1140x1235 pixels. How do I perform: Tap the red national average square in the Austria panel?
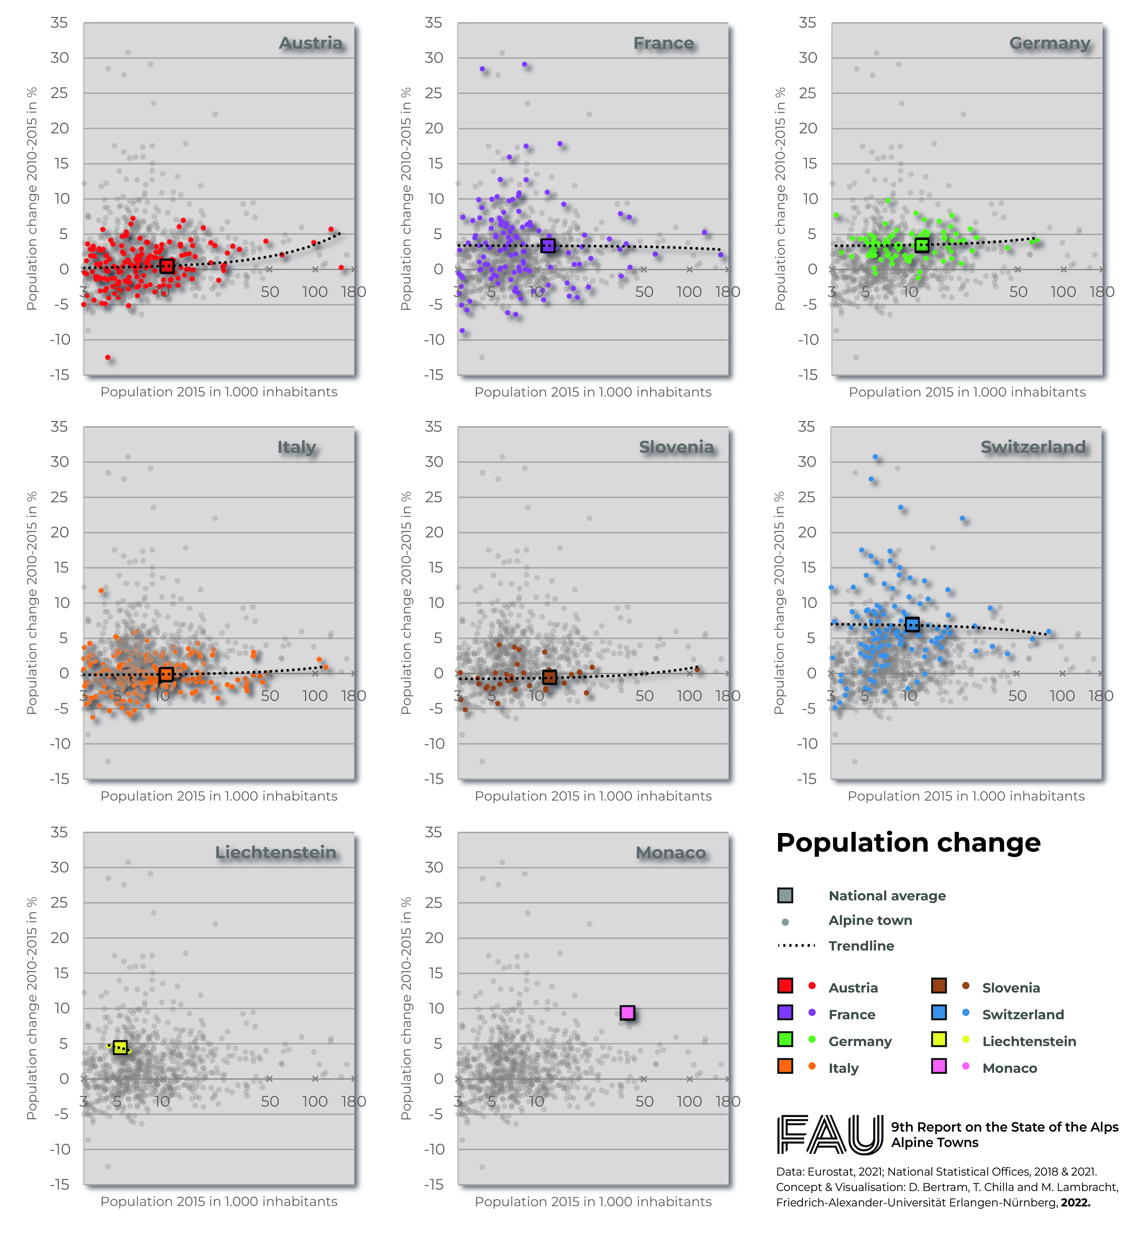167,266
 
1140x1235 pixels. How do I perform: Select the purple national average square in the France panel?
548,245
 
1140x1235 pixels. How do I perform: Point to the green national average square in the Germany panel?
922,245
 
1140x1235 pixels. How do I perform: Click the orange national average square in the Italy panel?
165,674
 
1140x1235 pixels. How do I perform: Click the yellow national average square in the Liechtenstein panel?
120,1047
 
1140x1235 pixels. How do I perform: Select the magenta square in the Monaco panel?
627,1012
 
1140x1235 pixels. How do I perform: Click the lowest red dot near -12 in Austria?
108,357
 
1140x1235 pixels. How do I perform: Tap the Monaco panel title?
671,853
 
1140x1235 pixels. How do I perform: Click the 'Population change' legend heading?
908,843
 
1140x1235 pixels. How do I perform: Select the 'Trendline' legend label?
861,946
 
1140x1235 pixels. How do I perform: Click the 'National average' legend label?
886,896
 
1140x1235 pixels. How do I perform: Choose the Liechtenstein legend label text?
1029,1041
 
